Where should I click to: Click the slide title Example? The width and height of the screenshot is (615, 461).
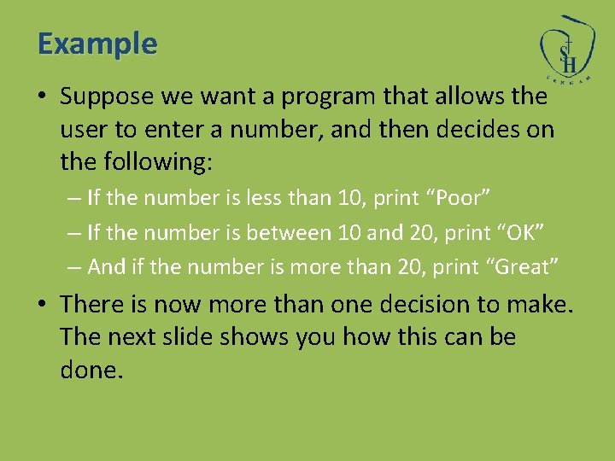click(97, 44)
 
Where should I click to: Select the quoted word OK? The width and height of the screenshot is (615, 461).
click(516, 232)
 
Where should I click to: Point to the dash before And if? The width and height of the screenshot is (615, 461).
click(75, 267)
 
